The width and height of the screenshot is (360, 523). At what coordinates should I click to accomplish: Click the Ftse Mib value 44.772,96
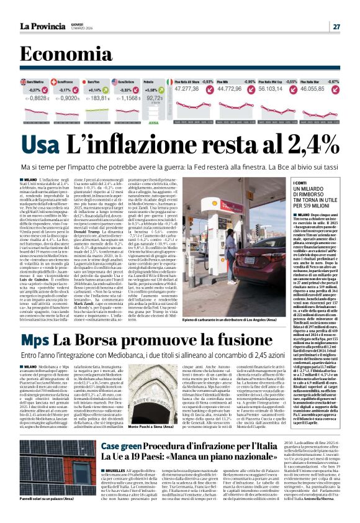pyautogui.click(x=234, y=89)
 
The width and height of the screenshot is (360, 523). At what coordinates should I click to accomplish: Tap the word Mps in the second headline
pyautogui.click(x=35, y=340)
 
